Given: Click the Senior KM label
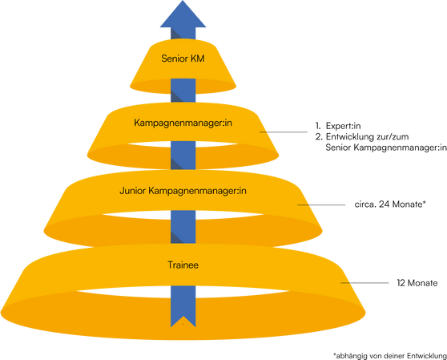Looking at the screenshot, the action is pyautogui.click(x=183, y=59).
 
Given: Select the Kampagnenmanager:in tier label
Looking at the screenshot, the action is pyautogui.click(x=183, y=123).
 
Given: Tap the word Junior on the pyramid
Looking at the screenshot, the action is pyautogui.click(x=132, y=191).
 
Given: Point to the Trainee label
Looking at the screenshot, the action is pyautogui.click(x=183, y=265).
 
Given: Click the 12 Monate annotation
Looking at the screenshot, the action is pyautogui.click(x=417, y=283).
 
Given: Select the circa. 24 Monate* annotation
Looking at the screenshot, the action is pyautogui.click(x=390, y=204).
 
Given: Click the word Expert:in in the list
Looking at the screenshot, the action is pyautogui.click(x=343, y=126).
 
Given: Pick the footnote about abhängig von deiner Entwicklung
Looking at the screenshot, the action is pyautogui.click(x=390, y=356).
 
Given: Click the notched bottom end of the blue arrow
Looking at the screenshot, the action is pyautogui.click(x=183, y=321).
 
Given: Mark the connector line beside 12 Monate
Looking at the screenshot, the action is pyautogui.click(x=365, y=283).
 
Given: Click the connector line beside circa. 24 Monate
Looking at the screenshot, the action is pyautogui.click(x=321, y=204).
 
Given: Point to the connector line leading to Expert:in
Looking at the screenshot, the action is pyautogui.click(x=284, y=132).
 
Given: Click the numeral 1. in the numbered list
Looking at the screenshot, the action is pyautogui.click(x=318, y=126).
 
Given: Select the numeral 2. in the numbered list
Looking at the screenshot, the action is pyautogui.click(x=319, y=136).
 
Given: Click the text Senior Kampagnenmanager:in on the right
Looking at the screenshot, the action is pyautogui.click(x=386, y=148).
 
